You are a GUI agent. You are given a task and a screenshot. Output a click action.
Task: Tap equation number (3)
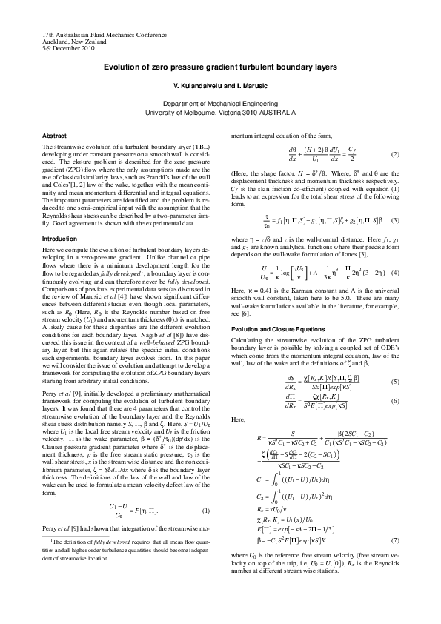tap(395, 220)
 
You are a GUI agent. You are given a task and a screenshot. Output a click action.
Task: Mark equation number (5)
tap(395, 361)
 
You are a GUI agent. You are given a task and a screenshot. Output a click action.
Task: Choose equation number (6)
tap(395, 380)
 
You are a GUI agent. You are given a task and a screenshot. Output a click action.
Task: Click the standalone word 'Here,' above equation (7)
tap(239, 398)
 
